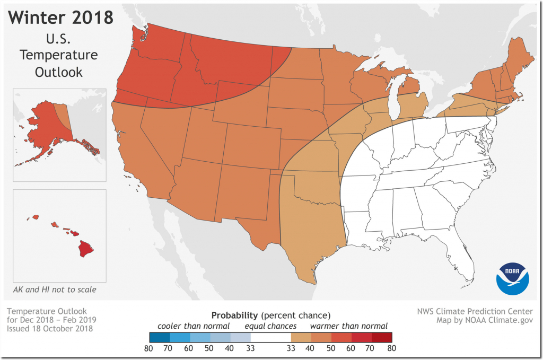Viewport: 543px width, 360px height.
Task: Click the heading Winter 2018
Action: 62,17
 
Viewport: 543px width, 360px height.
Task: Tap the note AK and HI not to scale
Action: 55,290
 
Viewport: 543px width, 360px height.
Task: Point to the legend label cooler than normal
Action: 195,326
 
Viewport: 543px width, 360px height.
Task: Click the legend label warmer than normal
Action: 349,326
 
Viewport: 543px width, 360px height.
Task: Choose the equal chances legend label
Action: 270,326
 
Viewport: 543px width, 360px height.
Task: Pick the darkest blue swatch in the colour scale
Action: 159,337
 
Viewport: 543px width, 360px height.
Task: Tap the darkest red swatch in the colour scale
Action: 382,337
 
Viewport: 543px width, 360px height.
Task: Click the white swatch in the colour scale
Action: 270,337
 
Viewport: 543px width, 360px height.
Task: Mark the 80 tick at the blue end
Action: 148,349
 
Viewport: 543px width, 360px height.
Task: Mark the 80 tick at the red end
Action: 392,349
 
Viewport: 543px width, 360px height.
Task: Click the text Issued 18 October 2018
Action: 51,329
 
